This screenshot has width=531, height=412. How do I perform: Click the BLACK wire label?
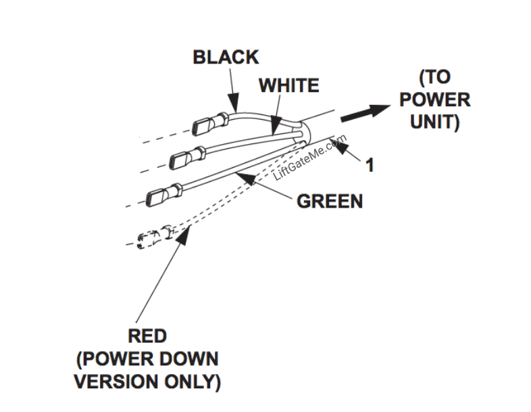[226, 57]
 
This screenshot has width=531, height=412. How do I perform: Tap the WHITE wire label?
[288, 86]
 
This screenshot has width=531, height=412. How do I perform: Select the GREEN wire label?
[330, 201]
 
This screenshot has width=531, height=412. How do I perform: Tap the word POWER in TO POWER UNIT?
[434, 99]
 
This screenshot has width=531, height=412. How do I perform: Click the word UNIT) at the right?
[434, 122]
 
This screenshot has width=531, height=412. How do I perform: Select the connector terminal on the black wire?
[207, 126]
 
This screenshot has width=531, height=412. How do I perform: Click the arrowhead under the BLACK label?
[234, 105]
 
